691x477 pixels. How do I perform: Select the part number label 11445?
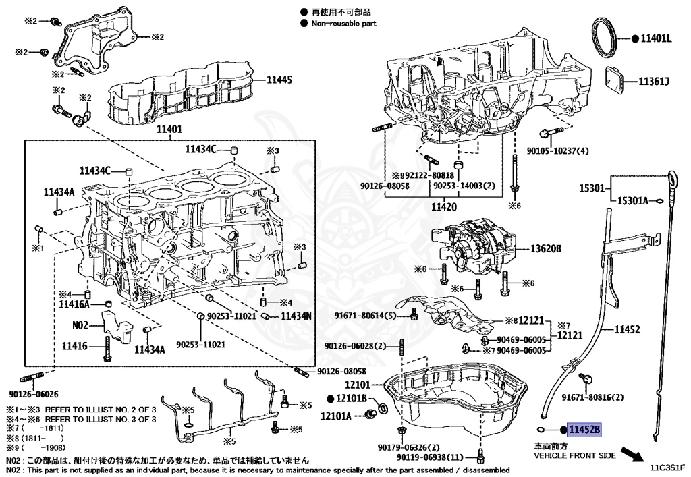click(x=279, y=80)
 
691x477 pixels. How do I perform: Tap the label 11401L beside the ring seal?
click(x=657, y=38)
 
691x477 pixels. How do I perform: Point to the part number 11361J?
click(x=655, y=82)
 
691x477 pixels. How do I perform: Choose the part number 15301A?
click(x=632, y=200)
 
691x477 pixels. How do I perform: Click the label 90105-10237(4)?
click(x=558, y=150)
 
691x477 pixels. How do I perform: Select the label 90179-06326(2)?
click(x=409, y=447)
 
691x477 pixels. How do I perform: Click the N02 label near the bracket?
click(x=80, y=325)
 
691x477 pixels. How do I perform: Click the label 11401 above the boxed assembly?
click(x=169, y=130)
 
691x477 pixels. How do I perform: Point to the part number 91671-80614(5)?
click(x=366, y=315)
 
